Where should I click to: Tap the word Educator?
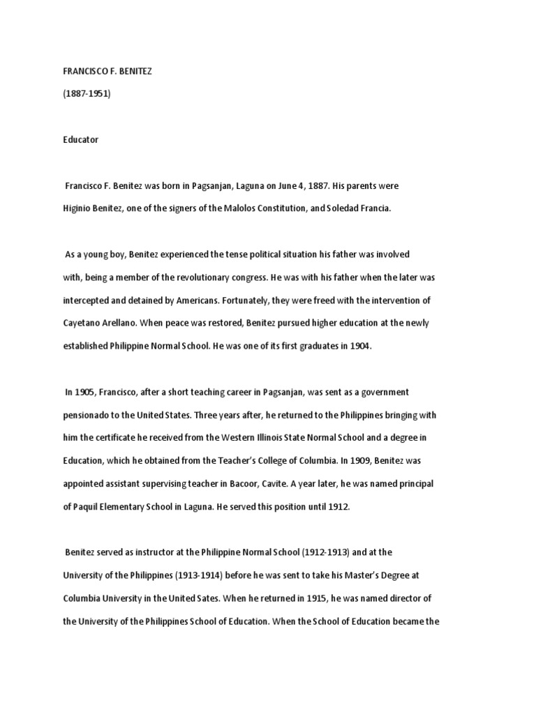[x=81, y=139]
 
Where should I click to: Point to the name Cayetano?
[x=84, y=324]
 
